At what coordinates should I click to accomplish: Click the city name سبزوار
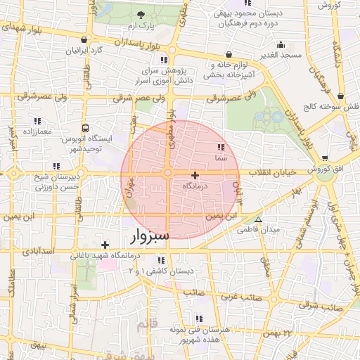click(150, 236)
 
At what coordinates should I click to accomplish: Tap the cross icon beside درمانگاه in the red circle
click(195, 174)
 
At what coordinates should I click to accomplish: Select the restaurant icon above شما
click(221, 148)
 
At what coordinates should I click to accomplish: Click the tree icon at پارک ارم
click(141, 15)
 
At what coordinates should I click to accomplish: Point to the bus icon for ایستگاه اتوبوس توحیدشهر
click(85, 129)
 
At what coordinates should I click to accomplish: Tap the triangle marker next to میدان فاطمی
click(258, 219)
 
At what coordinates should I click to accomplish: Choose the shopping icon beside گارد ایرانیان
click(84, 39)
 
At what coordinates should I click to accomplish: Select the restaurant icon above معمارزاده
click(37, 121)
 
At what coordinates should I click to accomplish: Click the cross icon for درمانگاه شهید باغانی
click(105, 245)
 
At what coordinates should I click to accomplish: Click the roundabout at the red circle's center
click(168, 173)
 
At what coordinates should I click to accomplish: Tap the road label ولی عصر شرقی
click(236, 98)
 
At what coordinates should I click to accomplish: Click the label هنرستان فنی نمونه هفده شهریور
click(193, 333)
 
